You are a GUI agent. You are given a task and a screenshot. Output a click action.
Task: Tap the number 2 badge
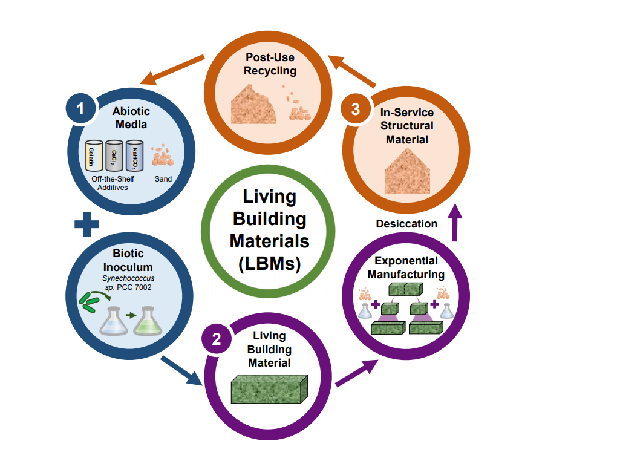click(217, 339)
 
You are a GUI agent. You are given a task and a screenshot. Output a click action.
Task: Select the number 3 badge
click(356, 109)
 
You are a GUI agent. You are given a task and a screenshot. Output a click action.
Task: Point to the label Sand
click(163, 179)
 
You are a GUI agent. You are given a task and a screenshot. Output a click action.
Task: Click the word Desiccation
click(406, 224)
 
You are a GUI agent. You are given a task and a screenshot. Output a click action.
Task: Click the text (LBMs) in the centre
click(269, 264)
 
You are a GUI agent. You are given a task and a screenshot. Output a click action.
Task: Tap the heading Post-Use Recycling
click(270, 64)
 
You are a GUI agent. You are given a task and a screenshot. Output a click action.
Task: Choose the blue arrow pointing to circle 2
click(181, 370)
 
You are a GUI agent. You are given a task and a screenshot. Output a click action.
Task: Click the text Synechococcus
click(132, 278)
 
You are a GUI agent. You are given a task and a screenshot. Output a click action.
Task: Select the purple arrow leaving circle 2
click(357, 373)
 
